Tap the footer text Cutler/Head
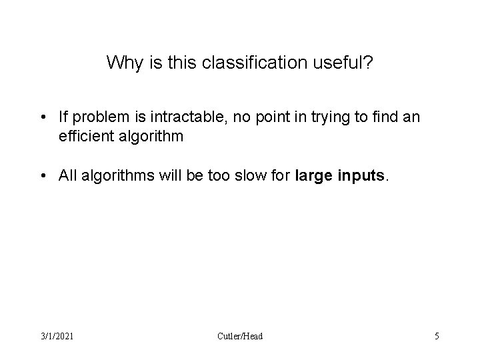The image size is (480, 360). click(x=240, y=336)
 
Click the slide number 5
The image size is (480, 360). click(x=437, y=336)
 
